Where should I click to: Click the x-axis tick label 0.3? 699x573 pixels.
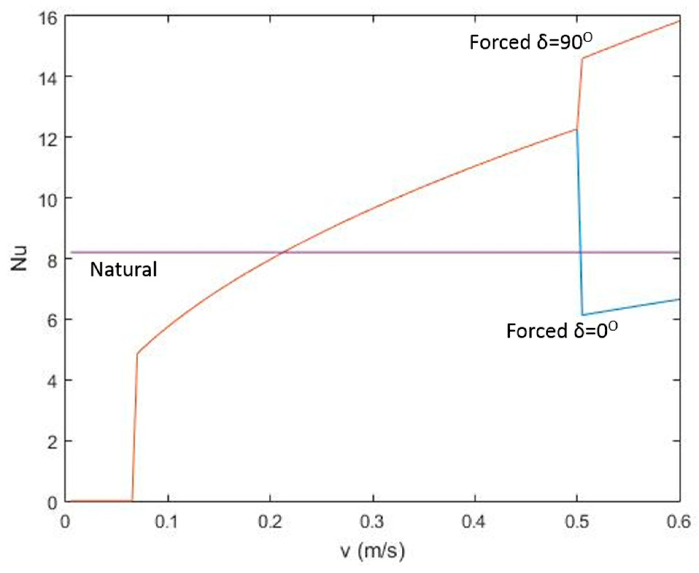pos(372,522)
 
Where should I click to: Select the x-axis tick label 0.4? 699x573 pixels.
pos(475,522)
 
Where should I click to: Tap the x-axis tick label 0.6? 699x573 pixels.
pos(679,522)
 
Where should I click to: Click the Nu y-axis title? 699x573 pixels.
pos(19,258)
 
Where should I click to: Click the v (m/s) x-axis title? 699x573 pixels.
pos(372,550)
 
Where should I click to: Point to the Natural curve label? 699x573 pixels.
pos(123,270)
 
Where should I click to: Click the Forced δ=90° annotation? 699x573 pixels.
pos(531,42)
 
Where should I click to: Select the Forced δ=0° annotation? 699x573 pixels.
pos(562,330)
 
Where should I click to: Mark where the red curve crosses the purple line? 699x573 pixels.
pos(283,252)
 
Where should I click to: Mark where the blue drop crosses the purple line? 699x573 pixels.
pos(580,252)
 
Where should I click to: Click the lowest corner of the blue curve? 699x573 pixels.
pos(583,315)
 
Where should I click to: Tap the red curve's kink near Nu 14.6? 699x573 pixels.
pos(582,58)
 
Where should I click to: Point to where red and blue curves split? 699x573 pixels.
pos(576,129)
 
